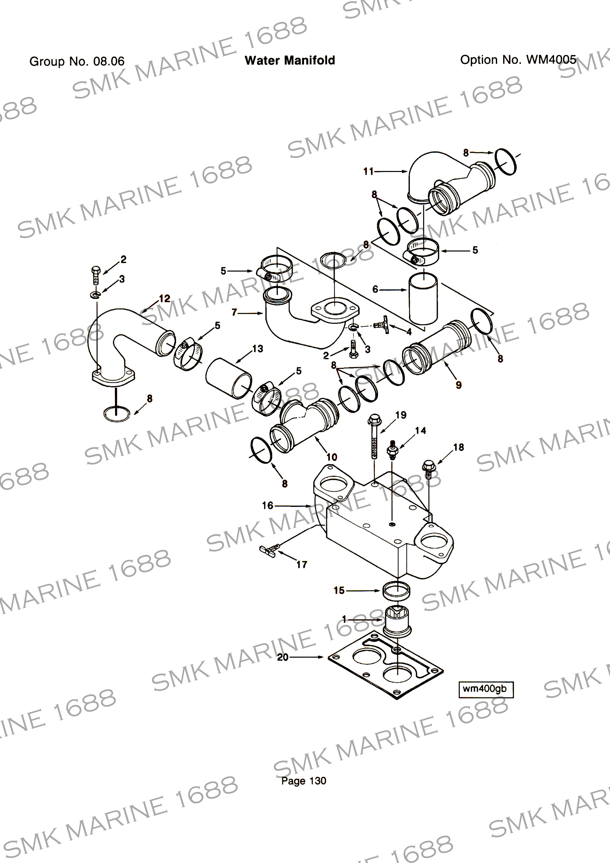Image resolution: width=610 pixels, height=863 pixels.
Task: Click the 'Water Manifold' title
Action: (x=290, y=61)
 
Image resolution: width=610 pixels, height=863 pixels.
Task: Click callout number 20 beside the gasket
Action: (x=283, y=657)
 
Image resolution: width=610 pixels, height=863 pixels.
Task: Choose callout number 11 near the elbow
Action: (x=368, y=171)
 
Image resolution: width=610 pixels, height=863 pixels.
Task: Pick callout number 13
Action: (x=258, y=349)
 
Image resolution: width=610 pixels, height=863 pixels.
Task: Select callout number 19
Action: (x=401, y=415)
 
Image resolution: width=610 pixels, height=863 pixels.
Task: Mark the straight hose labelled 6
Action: (x=423, y=299)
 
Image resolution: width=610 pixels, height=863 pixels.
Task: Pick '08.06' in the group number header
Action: (x=109, y=61)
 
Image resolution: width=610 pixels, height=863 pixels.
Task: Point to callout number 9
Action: (x=458, y=385)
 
